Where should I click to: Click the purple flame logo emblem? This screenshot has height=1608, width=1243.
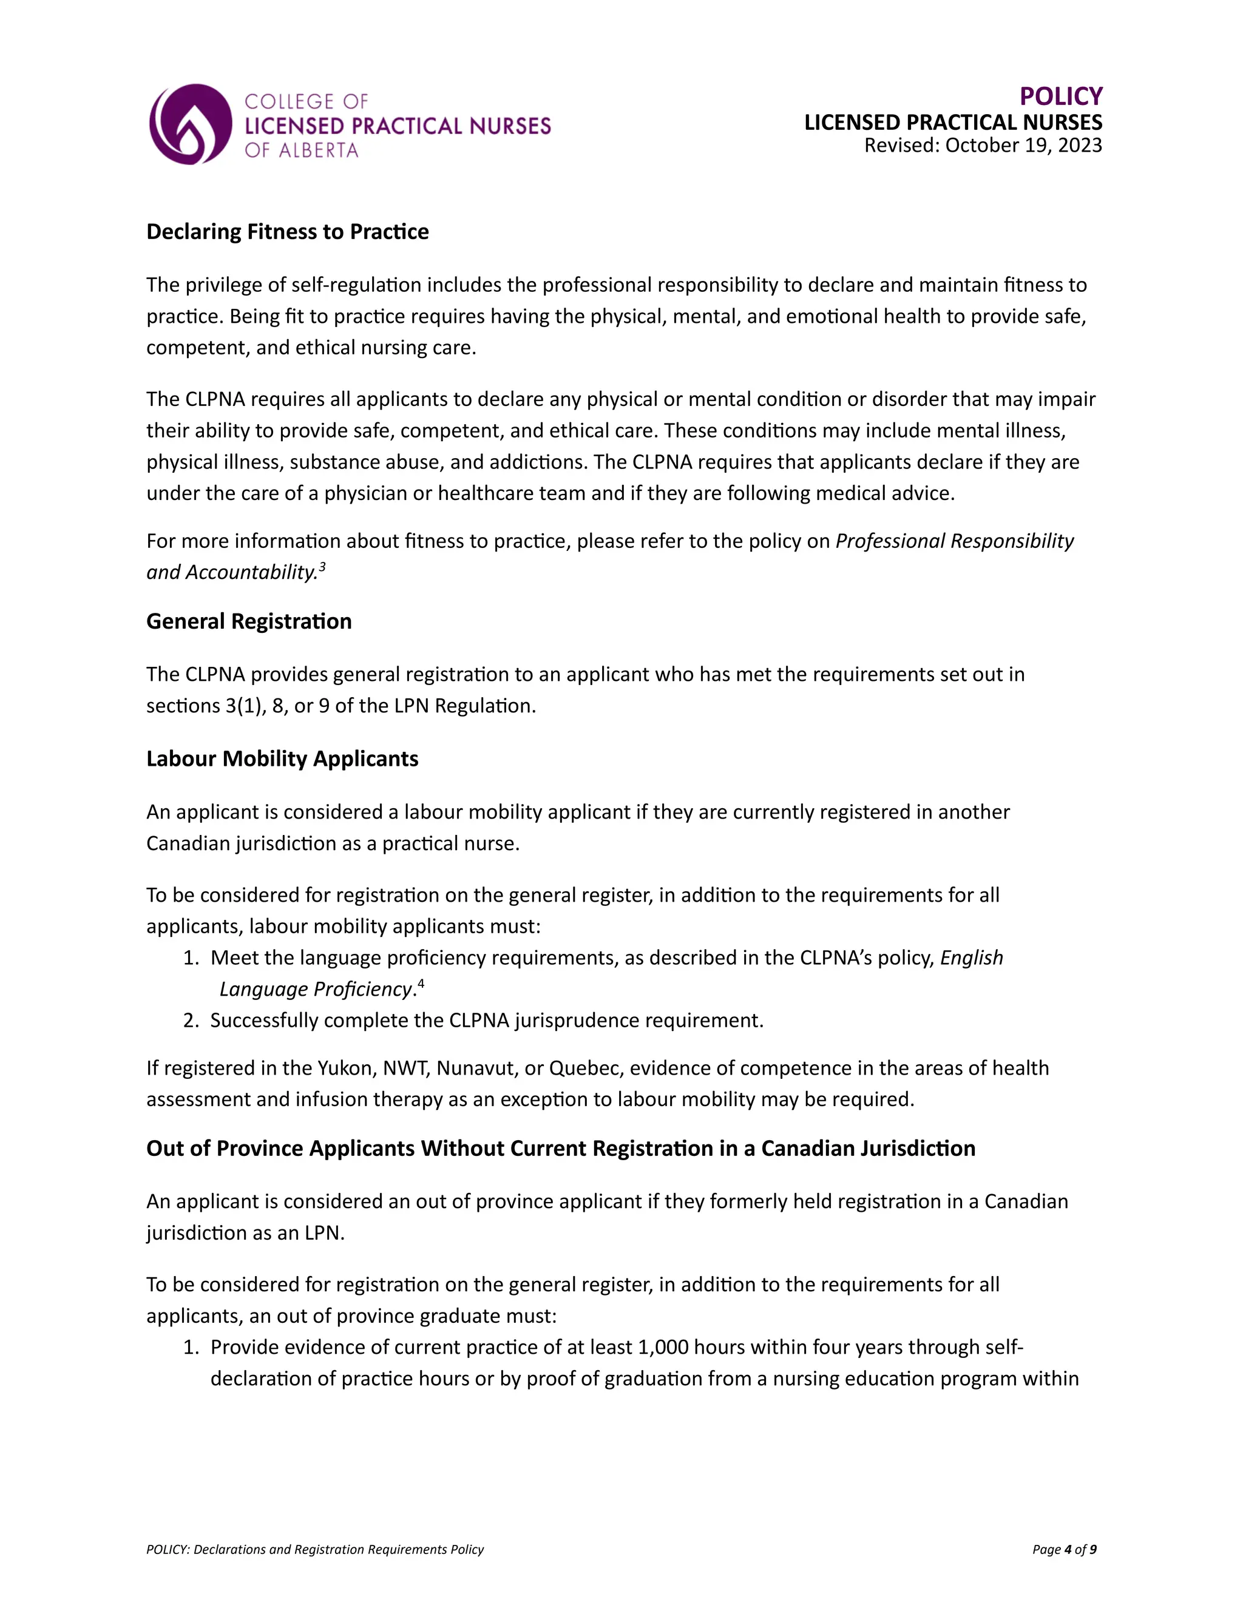(x=190, y=124)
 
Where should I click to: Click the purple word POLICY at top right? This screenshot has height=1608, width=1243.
(x=1060, y=96)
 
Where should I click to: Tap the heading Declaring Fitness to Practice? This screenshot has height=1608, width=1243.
(x=287, y=231)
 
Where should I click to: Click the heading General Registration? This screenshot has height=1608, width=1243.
(x=249, y=621)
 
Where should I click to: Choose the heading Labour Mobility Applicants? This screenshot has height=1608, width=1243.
(x=282, y=758)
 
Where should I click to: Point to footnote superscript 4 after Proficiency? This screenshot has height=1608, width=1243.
(x=421, y=983)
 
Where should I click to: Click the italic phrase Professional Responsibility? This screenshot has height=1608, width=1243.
(x=954, y=541)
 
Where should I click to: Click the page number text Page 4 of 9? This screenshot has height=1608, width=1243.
(x=1064, y=1549)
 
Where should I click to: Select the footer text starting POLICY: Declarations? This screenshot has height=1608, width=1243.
(x=315, y=1549)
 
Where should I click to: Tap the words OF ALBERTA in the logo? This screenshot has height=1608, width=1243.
(x=301, y=150)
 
